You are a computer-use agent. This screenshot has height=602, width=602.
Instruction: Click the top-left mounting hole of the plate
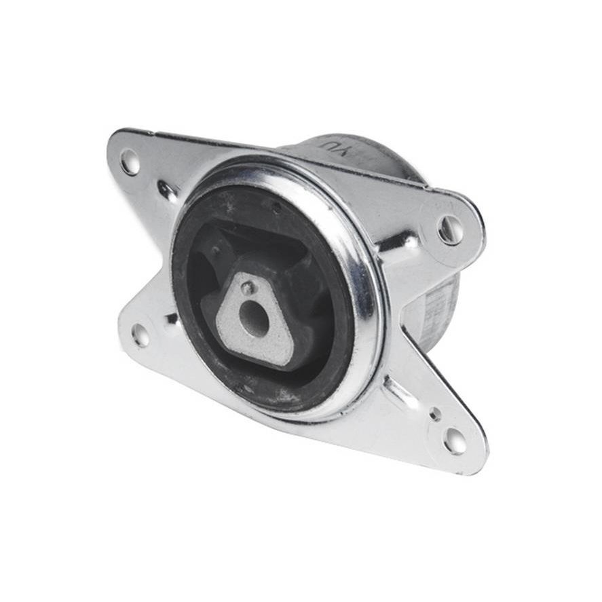(129, 162)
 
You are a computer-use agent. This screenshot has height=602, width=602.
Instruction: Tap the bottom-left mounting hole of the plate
(140, 335)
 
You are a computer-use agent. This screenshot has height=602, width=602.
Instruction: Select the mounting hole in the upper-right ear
(450, 230)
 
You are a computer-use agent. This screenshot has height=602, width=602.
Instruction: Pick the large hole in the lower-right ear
(455, 440)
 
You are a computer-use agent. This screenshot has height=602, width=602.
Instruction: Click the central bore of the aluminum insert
(254, 318)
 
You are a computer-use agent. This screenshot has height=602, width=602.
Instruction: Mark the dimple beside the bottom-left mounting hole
(168, 318)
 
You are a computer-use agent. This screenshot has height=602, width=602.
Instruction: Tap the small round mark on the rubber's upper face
(276, 206)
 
